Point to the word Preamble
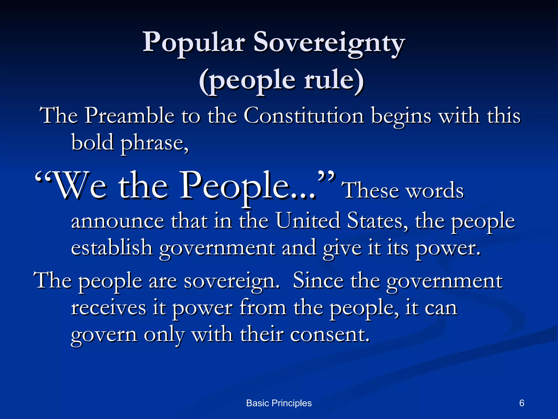click(x=129, y=116)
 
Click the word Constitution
click(x=304, y=116)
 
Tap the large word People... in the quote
click(x=248, y=186)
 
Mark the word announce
click(x=118, y=221)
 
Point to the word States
click(x=377, y=221)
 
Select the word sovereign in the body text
click(x=232, y=281)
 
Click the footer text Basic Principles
click(x=279, y=403)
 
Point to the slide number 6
click(x=522, y=403)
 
